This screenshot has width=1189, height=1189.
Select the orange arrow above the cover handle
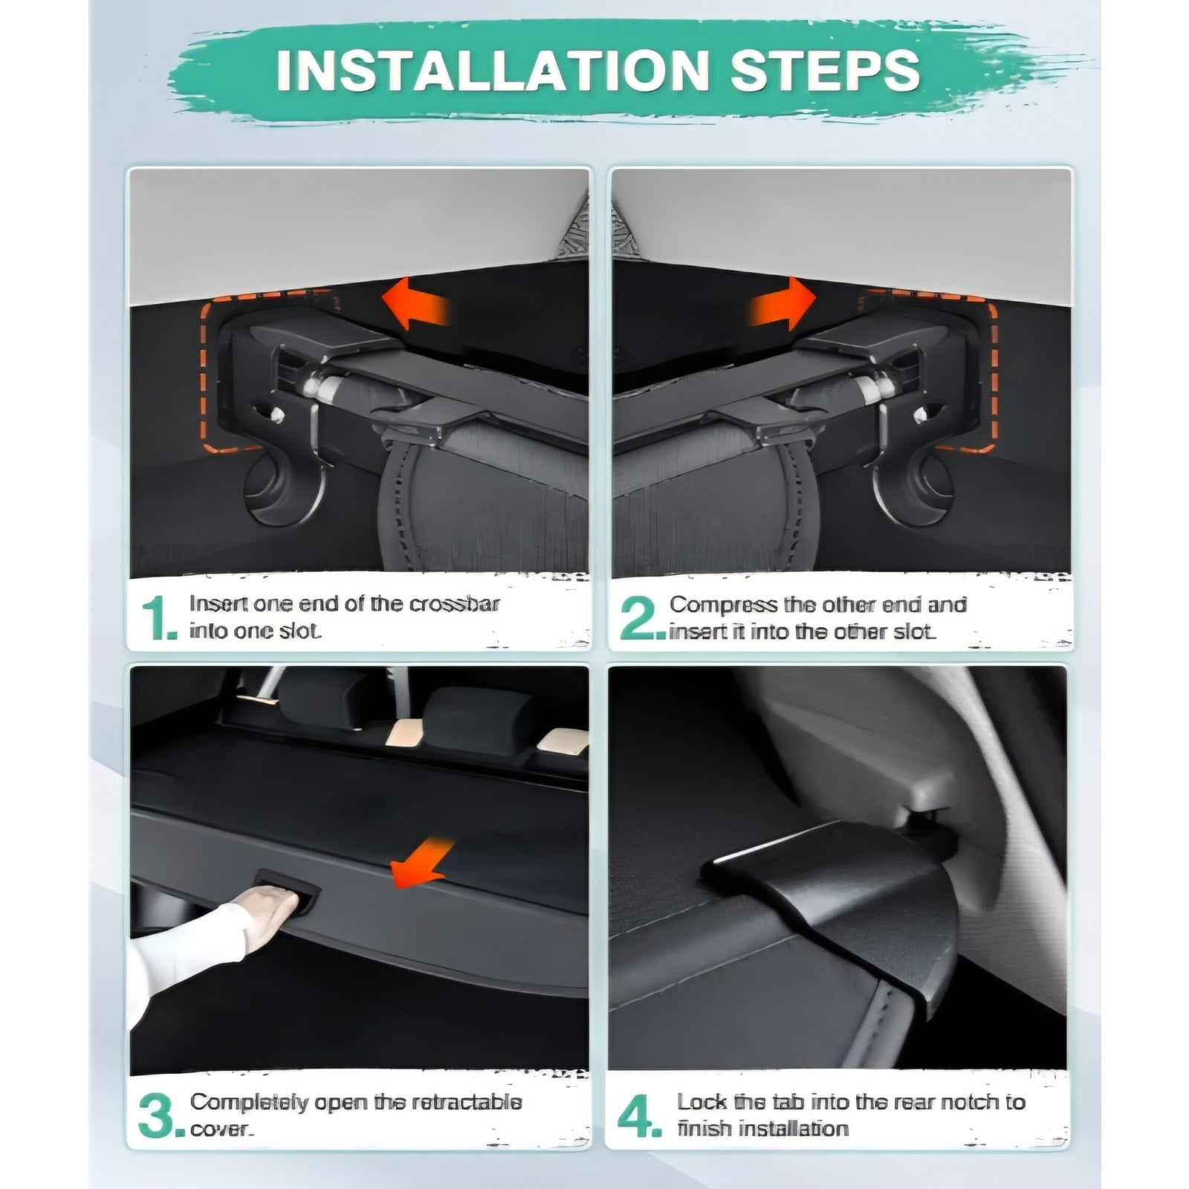(x=421, y=861)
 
